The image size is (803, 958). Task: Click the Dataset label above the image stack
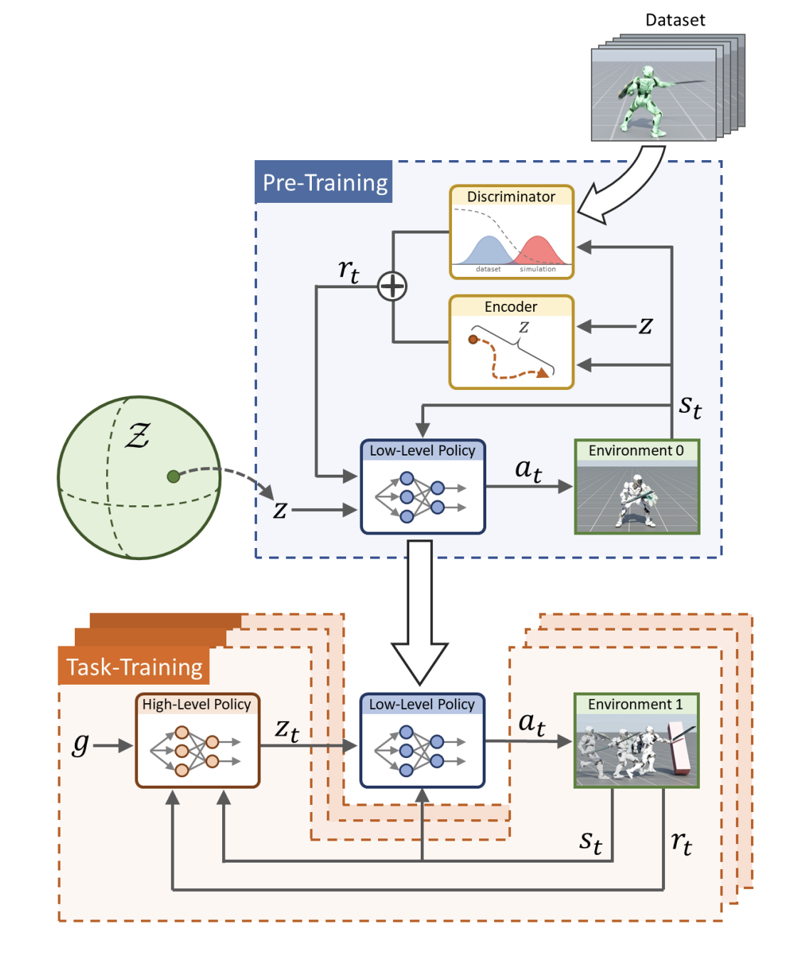point(675,20)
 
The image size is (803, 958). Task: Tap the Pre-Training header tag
point(325,183)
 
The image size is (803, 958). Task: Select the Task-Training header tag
point(135,667)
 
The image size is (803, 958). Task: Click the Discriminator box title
point(511,196)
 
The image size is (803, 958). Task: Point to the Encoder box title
point(511,307)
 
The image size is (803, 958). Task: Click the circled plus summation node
point(392,286)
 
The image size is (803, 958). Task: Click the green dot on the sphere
point(173,476)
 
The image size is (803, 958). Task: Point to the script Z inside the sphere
point(137,435)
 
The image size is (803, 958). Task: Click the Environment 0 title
point(636,451)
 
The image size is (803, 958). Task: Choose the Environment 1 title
point(635,705)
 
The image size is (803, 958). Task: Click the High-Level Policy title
point(196,705)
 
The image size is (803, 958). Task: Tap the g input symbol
point(80,744)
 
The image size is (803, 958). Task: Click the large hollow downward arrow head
point(420,661)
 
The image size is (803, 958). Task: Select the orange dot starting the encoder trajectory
point(473,339)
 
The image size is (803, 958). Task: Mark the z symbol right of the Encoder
point(646,326)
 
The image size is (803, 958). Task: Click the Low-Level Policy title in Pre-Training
point(423,451)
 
